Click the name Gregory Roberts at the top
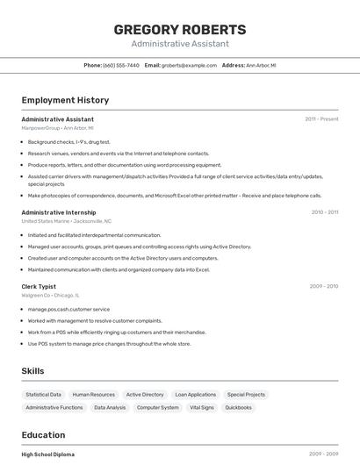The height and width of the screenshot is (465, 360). tap(180, 30)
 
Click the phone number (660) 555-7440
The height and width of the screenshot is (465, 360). tap(121, 65)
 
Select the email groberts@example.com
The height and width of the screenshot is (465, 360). tap(189, 65)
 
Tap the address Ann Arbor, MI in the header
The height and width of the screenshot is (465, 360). tap(261, 65)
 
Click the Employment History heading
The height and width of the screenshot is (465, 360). tap(65, 101)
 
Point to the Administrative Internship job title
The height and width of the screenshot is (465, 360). tap(59, 212)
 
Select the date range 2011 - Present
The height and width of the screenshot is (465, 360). tap(321, 119)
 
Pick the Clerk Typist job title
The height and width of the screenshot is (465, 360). tap(39, 286)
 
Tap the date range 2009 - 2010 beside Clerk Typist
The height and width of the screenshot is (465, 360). tap(323, 286)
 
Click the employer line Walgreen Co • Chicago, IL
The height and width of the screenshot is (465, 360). tap(50, 296)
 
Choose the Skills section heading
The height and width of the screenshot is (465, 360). tap(33, 371)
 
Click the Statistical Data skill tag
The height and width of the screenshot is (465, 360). tap(44, 395)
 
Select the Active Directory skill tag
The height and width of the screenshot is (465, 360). tap(145, 395)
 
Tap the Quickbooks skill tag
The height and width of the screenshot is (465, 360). tap(238, 407)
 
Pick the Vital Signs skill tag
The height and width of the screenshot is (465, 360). tap(202, 407)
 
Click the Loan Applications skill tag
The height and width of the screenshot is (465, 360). tap(195, 395)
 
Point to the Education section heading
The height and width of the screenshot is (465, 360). tap(44, 435)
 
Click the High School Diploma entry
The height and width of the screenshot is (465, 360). tap(48, 454)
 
